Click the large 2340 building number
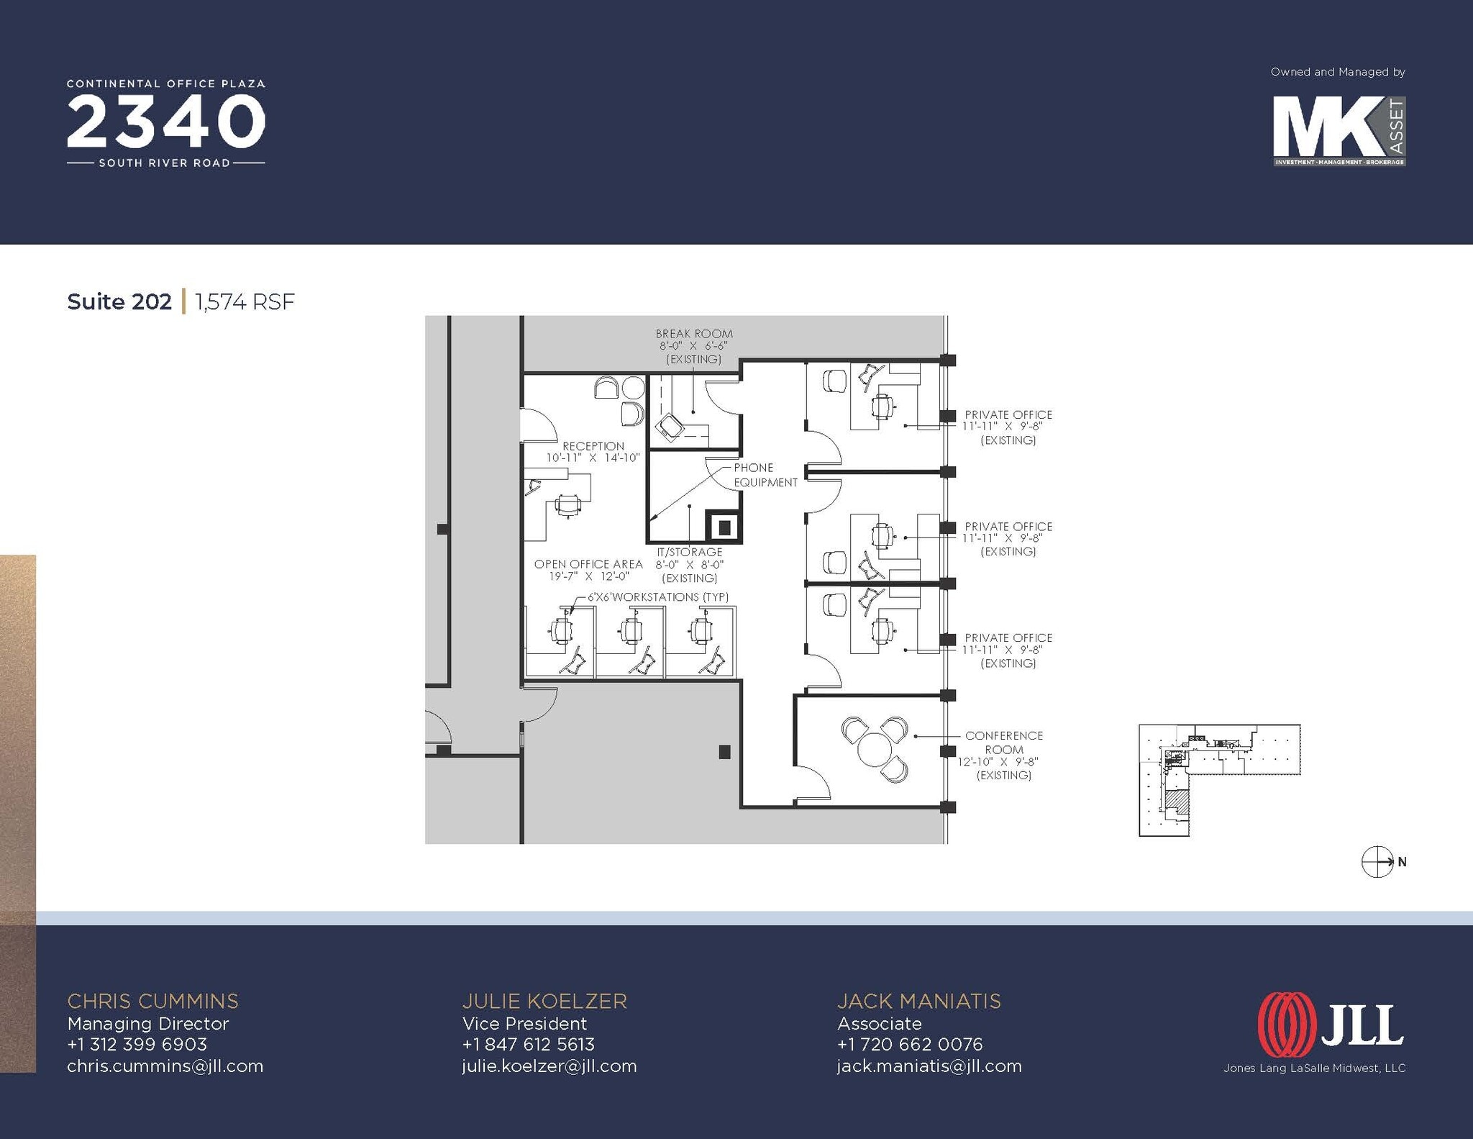166,122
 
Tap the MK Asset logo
1338,132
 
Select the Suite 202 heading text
119,301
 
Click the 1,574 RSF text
245,301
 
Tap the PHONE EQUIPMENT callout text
765,475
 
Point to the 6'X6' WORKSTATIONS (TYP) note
657,596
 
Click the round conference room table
875,750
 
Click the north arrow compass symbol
1377,861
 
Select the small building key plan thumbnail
1219,779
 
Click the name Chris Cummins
152,1001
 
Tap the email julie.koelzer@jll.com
549,1066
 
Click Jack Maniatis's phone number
909,1044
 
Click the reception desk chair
568,505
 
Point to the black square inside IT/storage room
724,527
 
